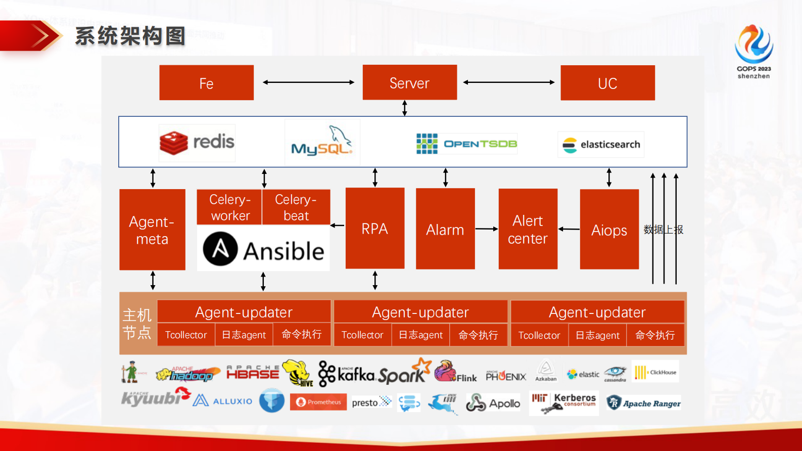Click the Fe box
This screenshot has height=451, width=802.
pyautogui.click(x=206, y=82)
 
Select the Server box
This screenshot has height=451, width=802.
pyautogui.click(x=409, y=82)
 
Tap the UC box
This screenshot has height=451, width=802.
pyautogui.click(x=607, y=83)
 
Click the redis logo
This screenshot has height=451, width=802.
pyautogui.click(x=197, y=143)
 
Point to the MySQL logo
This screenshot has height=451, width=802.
pyautogui.click(x=322, y=143)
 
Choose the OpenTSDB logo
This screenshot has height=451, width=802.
pyautogui.click(x=466, y=144)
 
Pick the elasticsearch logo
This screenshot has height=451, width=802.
pyautogui.click(x=601, y=145)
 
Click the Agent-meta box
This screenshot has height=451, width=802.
pyautogui.click(x=152, y=230)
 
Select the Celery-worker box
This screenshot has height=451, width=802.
pyautogui.click(x=229, y=207)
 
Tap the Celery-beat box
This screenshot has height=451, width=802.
pyautogui.click(x=296, y=207)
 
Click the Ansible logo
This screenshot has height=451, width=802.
pyautogui.click(x=263, y=249)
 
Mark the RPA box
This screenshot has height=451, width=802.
pyautogui.click(x=374, y=229)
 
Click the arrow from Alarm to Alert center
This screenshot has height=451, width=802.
pyautogui.click(x=487, y=229)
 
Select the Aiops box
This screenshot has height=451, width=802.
pyautogui.click(x=609, y=230)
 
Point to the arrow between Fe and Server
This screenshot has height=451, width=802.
pyautogui.click(x=308, y=82)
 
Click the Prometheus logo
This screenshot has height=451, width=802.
pyautogui.click(x=318, y=402)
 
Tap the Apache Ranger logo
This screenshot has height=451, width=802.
pyautogui.click(x=644, y=403)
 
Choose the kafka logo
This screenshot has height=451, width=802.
pyautogui.click(x=348, y=374)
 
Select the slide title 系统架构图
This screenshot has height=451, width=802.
pyautogui.click(x=130, y=36)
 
